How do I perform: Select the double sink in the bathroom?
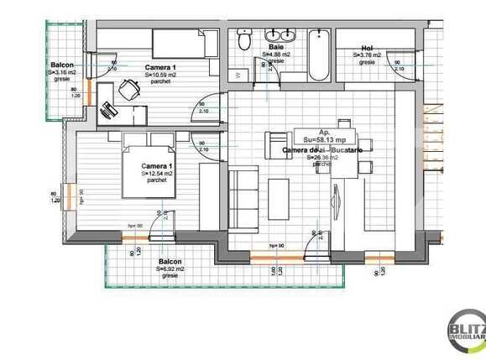click(276, 37)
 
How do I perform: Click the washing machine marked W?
click(241, 75)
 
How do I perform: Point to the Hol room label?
click(367, 48)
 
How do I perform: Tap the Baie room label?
click(275, 48)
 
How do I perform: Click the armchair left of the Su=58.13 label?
click(275, 146)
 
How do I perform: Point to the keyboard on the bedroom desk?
click(110, 107)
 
